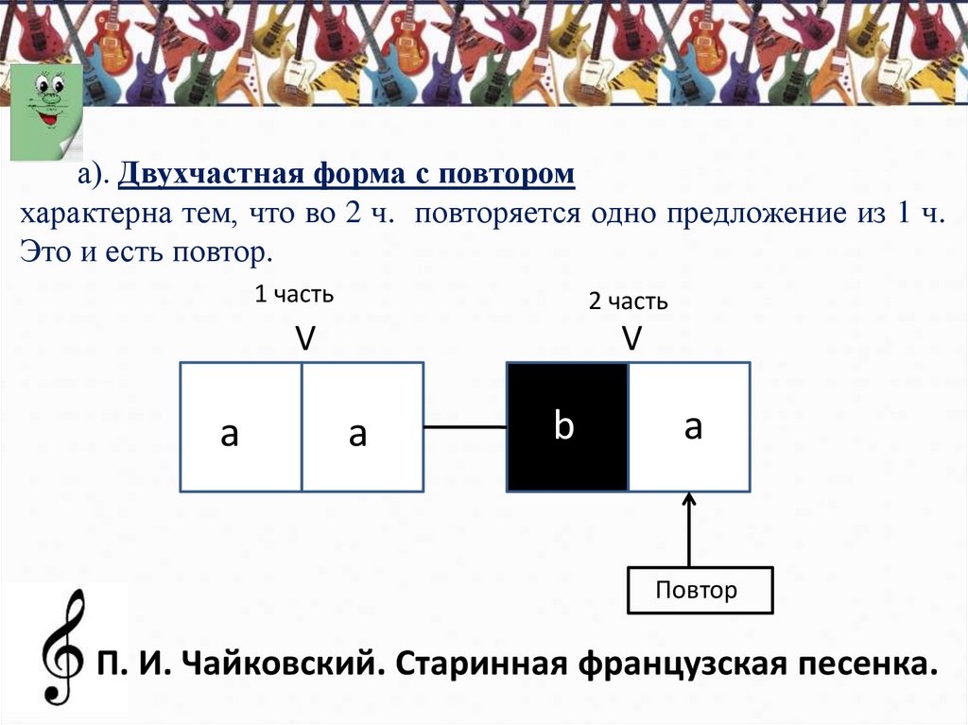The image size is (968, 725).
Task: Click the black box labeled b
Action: pos(567,427)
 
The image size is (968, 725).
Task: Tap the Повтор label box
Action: pos(700,591)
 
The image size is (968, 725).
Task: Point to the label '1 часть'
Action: pos(294,295)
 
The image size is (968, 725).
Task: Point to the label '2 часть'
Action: pos(629,302)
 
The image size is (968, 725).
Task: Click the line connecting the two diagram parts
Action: pos(465,427)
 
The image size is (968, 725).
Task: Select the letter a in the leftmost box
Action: pos(230,434)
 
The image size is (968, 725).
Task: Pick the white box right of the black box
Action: pos(690,427)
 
